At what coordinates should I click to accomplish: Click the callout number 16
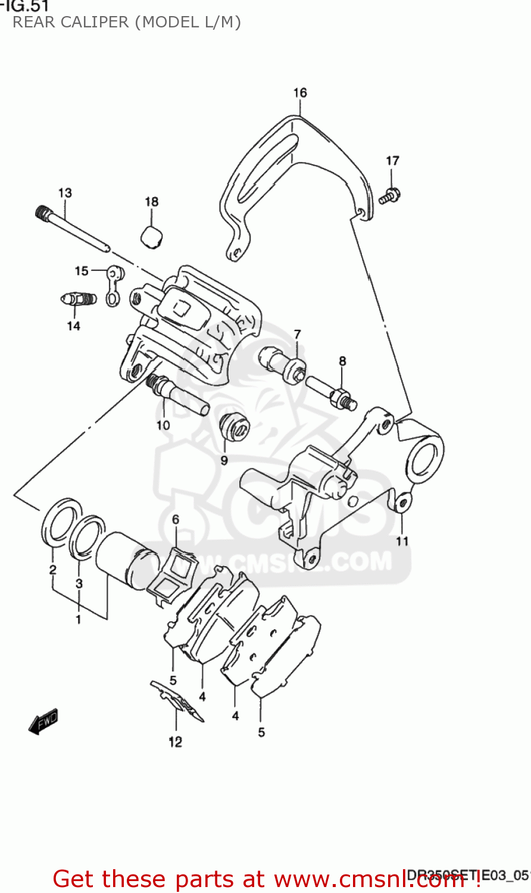pos(300,93)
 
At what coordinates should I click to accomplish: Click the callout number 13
pos(65,193)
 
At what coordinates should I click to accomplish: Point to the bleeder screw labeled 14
pos(79,298)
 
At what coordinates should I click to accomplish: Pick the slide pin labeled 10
pos(178,395)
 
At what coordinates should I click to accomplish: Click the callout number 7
pos(297,335)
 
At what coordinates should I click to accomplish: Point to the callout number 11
pos(402,541)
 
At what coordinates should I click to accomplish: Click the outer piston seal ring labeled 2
pos(60,521)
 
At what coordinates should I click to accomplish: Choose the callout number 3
pos(79,583)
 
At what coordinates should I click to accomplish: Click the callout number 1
pos(78,620)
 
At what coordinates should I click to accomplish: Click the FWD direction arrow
pos(43,722)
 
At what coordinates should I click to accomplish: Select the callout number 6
pos(176,520)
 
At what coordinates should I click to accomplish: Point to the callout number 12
pos(175,742)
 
